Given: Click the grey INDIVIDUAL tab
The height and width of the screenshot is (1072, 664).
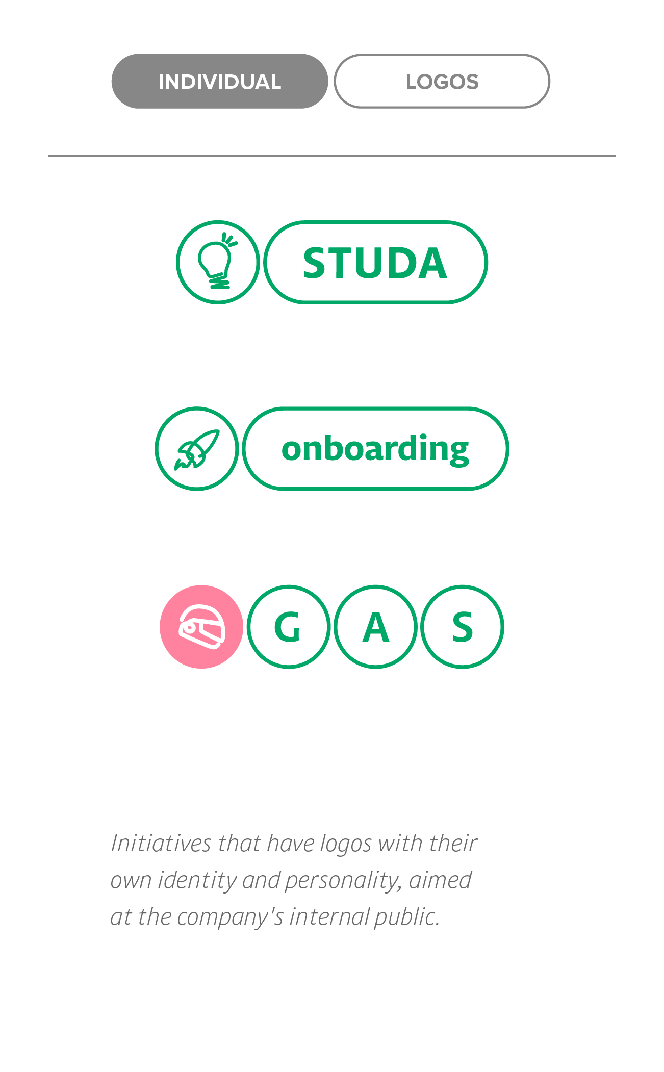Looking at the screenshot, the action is [219, 82].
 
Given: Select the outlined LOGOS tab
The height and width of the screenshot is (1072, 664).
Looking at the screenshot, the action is [442, 82].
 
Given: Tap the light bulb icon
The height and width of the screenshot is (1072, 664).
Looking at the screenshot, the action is [218, 262].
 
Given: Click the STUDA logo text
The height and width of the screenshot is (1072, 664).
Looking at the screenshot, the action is [375, 263].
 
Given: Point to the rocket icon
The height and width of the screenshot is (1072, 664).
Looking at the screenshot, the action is [197, 449].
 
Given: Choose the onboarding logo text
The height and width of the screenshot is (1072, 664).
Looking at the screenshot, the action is [375, 449].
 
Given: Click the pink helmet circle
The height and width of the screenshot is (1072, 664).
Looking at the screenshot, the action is [201, 627].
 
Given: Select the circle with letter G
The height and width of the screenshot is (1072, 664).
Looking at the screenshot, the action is [288, 627].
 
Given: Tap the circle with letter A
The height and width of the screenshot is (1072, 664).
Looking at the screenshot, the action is [375, 627].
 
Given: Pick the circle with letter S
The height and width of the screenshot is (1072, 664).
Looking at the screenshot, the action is [462, 627].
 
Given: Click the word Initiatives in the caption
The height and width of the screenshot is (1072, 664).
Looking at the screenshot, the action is [161, 844].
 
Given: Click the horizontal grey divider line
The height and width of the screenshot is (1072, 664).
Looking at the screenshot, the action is [331, 156].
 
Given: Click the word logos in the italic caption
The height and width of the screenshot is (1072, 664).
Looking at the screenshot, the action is [346, 845].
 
